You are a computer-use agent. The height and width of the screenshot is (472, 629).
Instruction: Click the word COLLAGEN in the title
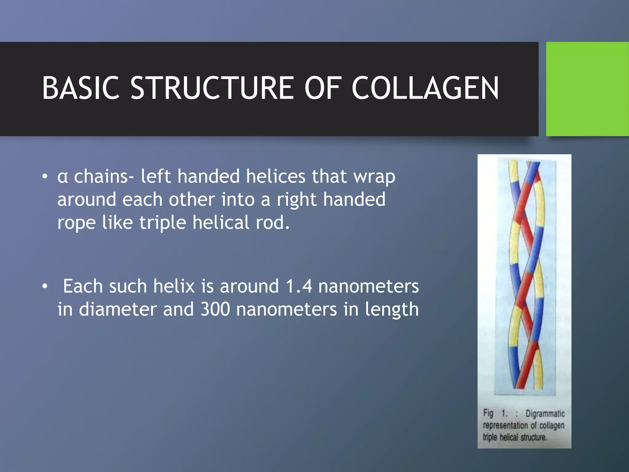coord(425,88)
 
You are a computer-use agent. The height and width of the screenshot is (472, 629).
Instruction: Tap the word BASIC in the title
coord(80,88)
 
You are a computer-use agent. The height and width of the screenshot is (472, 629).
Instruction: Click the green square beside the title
coord(587,89)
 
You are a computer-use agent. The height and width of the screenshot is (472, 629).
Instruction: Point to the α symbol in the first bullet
coord(62,177)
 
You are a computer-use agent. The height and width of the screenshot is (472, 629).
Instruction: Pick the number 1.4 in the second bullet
coord(299,286)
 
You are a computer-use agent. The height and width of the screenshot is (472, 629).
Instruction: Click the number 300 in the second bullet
coord(215,309)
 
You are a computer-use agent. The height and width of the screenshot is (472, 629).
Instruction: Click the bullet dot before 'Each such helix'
coord(45,286)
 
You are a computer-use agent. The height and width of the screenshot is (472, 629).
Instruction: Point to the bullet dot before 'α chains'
coord(45,177)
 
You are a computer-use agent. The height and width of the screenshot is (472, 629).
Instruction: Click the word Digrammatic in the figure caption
coord(545,414)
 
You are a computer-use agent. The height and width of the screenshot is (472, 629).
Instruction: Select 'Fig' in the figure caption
coord(488,413)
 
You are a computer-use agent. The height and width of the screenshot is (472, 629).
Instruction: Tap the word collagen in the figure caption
coord(552,426)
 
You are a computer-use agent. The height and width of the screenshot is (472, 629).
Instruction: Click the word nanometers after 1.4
coord(368,286)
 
